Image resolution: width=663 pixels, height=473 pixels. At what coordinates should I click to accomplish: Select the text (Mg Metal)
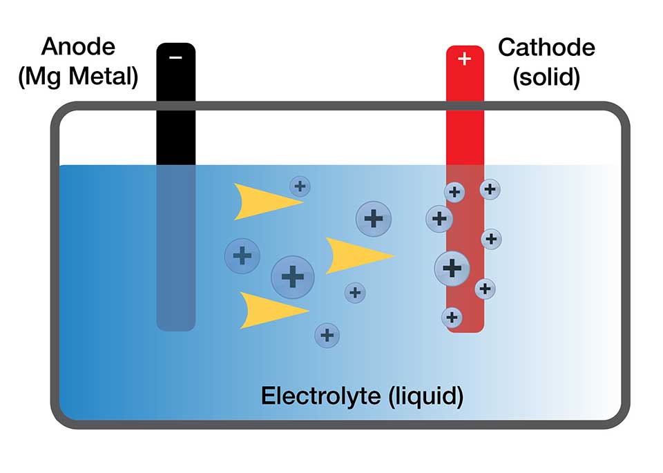click(x=79, y=77)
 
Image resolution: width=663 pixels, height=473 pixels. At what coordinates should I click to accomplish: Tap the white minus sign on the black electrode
click(x=175, y=57)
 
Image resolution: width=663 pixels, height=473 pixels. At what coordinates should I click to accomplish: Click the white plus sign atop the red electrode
click(x=464, y=59)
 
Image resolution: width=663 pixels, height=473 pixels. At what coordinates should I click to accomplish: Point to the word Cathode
click(x=546, y=47)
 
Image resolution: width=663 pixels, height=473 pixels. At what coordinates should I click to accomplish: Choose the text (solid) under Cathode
click(x=546, y=77)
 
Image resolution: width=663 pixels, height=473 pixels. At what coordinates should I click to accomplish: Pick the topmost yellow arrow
click(x=266, y=202)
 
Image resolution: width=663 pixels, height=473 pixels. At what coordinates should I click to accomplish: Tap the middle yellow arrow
click(x=356, y=255)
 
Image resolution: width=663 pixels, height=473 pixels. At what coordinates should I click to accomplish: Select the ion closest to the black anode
click(x=242, y=256)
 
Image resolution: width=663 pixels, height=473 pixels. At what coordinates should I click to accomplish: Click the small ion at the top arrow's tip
click(x=300, y=186)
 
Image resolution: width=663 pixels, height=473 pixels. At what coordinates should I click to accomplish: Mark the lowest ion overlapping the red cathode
click(x=452, y=318)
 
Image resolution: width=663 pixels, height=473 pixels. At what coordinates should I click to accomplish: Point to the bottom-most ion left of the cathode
click(x=327, y=336)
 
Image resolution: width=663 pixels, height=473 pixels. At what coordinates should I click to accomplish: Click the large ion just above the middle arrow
click(x=374, y=219)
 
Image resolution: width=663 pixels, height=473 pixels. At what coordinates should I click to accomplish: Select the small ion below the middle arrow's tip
click(x=355, y=292)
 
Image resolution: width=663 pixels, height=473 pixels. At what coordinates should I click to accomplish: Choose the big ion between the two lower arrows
click(x=293, y=277)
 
